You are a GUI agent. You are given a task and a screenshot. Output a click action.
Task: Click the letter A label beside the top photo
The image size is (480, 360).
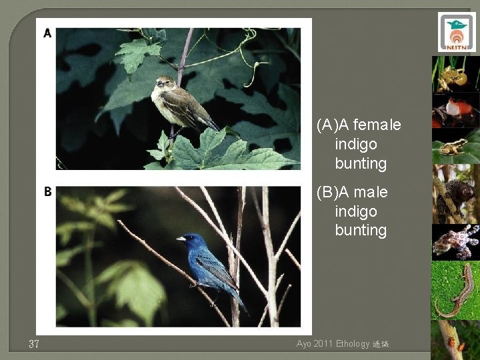tap(47, 33)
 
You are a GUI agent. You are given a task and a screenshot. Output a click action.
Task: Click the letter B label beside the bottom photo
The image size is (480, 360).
tap(47, 192)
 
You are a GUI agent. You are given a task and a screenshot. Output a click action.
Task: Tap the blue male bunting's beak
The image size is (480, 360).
tap(179, 238)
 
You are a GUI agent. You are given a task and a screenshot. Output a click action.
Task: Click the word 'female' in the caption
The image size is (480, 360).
tap(377, 125)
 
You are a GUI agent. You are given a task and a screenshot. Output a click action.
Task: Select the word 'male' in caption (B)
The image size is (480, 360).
tap(371, 192)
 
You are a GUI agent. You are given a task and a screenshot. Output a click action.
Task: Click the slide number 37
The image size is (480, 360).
tap(35, 344)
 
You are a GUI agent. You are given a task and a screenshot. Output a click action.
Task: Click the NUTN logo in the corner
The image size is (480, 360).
tap(457, 32)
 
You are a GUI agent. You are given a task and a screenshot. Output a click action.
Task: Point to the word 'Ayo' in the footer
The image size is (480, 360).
tap(304, 344)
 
